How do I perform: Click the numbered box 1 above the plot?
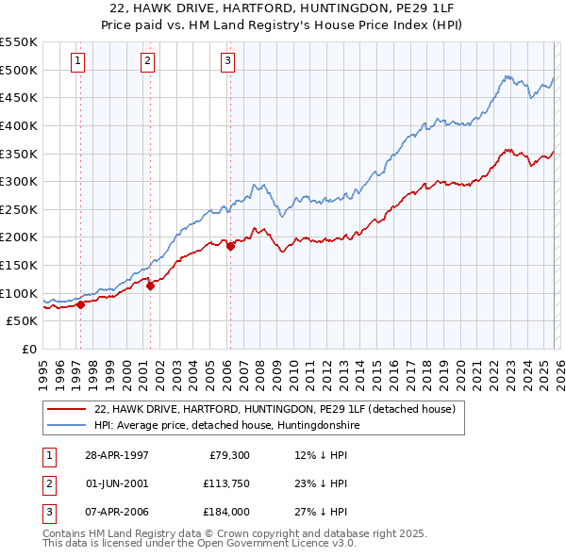77,62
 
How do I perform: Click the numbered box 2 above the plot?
148,62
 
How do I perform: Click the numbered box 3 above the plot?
228,62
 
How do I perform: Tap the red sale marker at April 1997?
80,304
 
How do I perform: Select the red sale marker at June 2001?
150,286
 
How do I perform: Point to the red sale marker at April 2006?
230,247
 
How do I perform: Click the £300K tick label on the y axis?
19,181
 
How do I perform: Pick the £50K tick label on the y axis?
23,320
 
